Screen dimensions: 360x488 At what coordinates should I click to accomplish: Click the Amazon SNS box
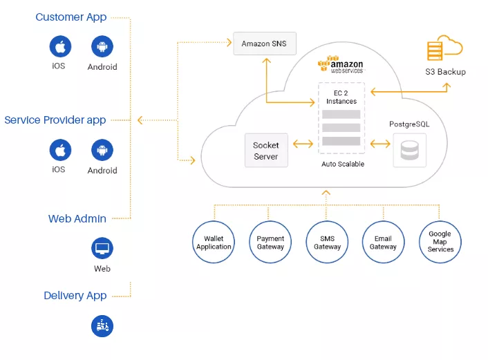tap(265, 44)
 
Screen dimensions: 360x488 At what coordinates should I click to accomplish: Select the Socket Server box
tap(265, 151)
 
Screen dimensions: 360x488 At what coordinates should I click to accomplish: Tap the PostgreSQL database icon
tap(410, 151)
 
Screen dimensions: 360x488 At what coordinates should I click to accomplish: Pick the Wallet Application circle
tap(214, 243)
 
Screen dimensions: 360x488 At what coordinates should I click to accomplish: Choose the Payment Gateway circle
tap(270, 243)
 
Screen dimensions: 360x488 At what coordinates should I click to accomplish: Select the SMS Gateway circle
tap(327, 243)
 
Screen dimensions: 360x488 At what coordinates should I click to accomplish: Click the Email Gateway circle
tap(383, 243)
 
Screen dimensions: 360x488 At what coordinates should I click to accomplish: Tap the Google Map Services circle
tap(440, 243)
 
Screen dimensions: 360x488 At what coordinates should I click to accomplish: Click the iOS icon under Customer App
tap(60, 46)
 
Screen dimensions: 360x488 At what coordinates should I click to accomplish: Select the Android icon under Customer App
tap(102, 46)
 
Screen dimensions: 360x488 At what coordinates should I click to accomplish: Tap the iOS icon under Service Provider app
tap(60, 150)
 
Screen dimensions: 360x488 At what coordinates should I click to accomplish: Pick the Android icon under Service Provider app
tap(102, 150)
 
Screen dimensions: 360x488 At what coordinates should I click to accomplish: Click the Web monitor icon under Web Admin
tap(102, 247)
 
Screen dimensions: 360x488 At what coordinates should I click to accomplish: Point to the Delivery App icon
tap(102, 325)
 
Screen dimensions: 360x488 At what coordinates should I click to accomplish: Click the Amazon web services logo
tap(340, 65)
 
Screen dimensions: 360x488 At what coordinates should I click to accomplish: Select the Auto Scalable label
tap(342, 164)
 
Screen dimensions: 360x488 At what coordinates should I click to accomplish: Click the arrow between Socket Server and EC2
tap(303, 144)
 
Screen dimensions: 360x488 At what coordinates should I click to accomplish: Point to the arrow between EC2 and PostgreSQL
tap(380, 144)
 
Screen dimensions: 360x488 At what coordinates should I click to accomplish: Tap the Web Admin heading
tap(77, 219)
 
